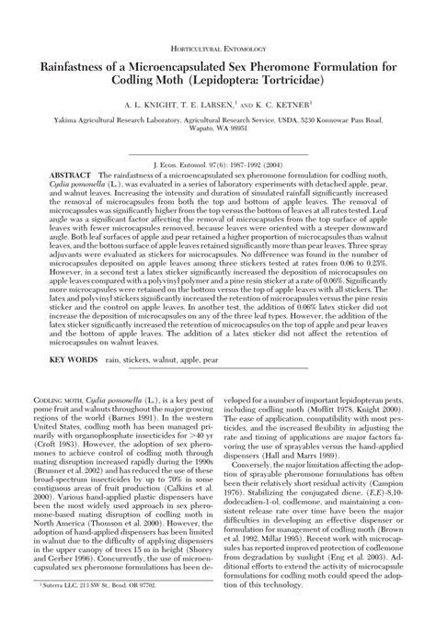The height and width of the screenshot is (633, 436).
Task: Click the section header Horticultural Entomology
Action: (x=218, y=45)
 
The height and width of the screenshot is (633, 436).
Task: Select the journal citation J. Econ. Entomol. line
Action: (x=218, y=159)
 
